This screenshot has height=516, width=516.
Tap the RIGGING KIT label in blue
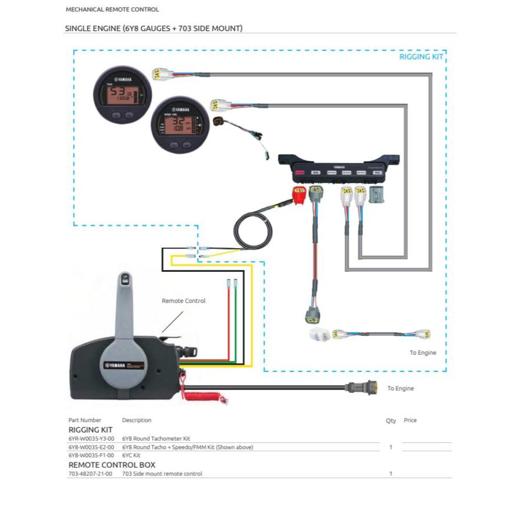421,57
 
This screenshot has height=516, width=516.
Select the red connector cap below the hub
299,195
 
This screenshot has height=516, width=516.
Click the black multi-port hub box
338,168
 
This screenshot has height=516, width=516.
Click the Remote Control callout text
183,301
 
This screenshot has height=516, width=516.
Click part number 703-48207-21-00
90,474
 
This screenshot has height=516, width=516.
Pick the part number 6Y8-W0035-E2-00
91,447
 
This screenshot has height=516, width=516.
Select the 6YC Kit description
131,456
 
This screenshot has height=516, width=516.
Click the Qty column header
391,421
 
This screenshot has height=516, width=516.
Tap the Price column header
410,421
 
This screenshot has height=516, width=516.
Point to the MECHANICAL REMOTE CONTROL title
112,9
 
